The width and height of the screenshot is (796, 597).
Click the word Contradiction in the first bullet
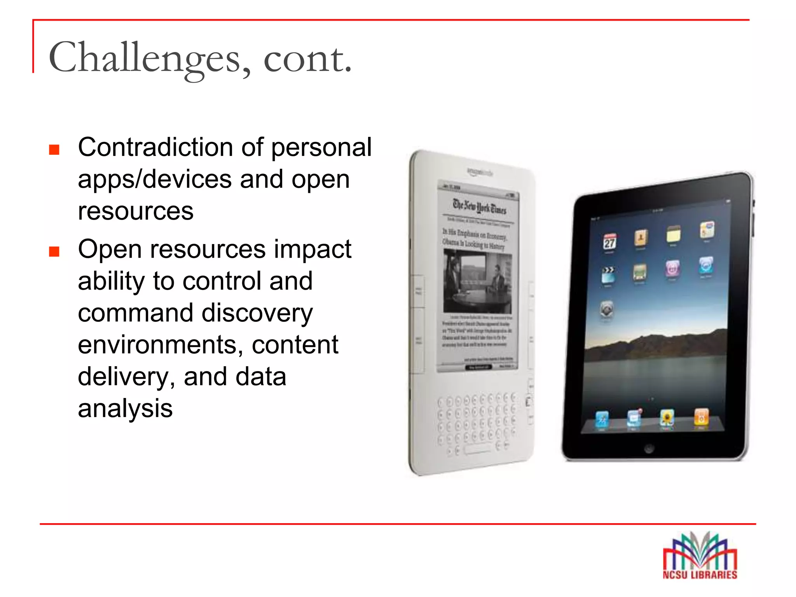click(155, 147)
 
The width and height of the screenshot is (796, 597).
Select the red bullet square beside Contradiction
click(54, 150)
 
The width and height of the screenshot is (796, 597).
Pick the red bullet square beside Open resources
click(54, 251)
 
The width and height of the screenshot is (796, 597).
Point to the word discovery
click(257, 313)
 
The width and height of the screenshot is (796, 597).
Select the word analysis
click(125, 408)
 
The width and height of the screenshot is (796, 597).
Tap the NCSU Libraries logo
click(700, 556)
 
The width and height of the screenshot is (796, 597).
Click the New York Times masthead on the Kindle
click(480, 206)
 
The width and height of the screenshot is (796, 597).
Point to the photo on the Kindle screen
click(477, 281)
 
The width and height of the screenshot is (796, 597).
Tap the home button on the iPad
click(649, 448)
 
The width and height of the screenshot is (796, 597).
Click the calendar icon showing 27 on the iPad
click(609, 242)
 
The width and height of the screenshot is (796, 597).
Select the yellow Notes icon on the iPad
click(674, 234)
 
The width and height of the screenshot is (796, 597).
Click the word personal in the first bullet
click(321, 148)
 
